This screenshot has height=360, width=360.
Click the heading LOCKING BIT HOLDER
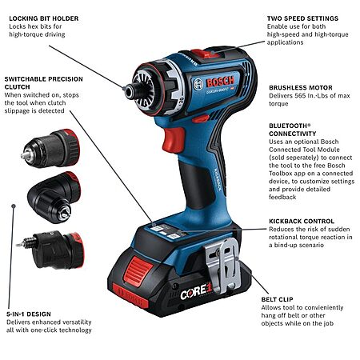point(44,18)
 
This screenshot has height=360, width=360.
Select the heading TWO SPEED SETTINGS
point(302,18)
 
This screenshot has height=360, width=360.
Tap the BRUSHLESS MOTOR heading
point(301,88)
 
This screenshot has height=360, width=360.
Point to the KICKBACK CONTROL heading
point(302,222)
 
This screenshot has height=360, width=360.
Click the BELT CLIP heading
point(277,299)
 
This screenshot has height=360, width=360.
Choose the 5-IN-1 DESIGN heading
point(29,314)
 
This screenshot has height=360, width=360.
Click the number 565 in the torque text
point(300,96)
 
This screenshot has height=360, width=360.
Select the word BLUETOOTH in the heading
point(288,126)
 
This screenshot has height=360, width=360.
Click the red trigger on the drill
point(174,140)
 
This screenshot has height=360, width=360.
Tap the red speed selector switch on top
point(206,54)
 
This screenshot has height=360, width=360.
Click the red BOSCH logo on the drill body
point(220,82)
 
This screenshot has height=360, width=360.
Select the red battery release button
point(138,269)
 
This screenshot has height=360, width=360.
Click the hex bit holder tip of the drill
point(130,90)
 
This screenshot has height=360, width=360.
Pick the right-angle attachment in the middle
point(54,198)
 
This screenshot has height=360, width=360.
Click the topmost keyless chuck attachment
point(50,149)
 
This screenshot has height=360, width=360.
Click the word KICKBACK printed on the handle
point(218,179)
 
